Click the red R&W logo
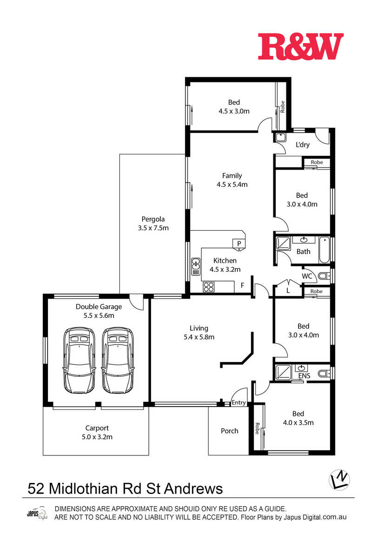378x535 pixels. click(300, 47)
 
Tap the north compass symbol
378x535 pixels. click(339, 480)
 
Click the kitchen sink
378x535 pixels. click(196, 266)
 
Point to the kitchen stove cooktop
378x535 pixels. click(209, 287)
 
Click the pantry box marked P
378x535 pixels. click(239, 244)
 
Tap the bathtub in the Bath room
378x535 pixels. click(325, 249)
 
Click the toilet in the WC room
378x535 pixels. click(324, 276)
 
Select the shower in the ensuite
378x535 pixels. click(283, 372)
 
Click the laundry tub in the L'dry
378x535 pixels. click(280, 137)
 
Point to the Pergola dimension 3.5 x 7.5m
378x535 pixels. click(153, 228)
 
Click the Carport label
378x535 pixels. click(97, 428)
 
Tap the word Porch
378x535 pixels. click(229, 431)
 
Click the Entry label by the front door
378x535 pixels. click(239, 402)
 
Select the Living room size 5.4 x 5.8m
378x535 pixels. click(199, 337)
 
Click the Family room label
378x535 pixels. click(232, 176)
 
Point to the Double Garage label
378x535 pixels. click(99, 307)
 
